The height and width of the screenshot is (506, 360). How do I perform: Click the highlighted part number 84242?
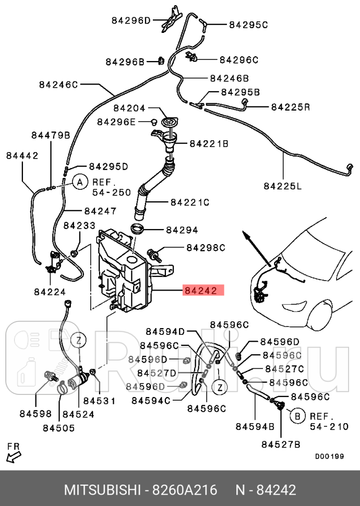(x=203, y=291)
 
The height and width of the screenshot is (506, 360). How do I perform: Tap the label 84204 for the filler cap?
(x=130, y=109)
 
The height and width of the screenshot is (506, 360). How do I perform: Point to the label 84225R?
(x=291, y=107)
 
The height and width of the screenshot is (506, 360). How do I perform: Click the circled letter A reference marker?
(x=79, y=182)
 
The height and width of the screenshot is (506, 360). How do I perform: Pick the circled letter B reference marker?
(x=297, y=416)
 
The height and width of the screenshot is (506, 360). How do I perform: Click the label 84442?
(x=22, y=155)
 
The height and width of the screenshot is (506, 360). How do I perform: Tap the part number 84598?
(x=35, y=414)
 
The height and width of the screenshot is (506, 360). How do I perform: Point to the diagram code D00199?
(x=329, y=456)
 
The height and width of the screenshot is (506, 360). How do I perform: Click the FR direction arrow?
(x=14, y=455)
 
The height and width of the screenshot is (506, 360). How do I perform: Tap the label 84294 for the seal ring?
(x=182, y=230)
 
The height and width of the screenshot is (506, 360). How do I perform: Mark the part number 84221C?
(x=189, y=202)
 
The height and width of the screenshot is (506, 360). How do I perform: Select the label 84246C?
(x=57, y=84)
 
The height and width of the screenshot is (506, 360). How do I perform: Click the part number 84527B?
(x=281, y=444)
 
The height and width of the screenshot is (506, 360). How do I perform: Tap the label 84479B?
(x=51, y=135)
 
